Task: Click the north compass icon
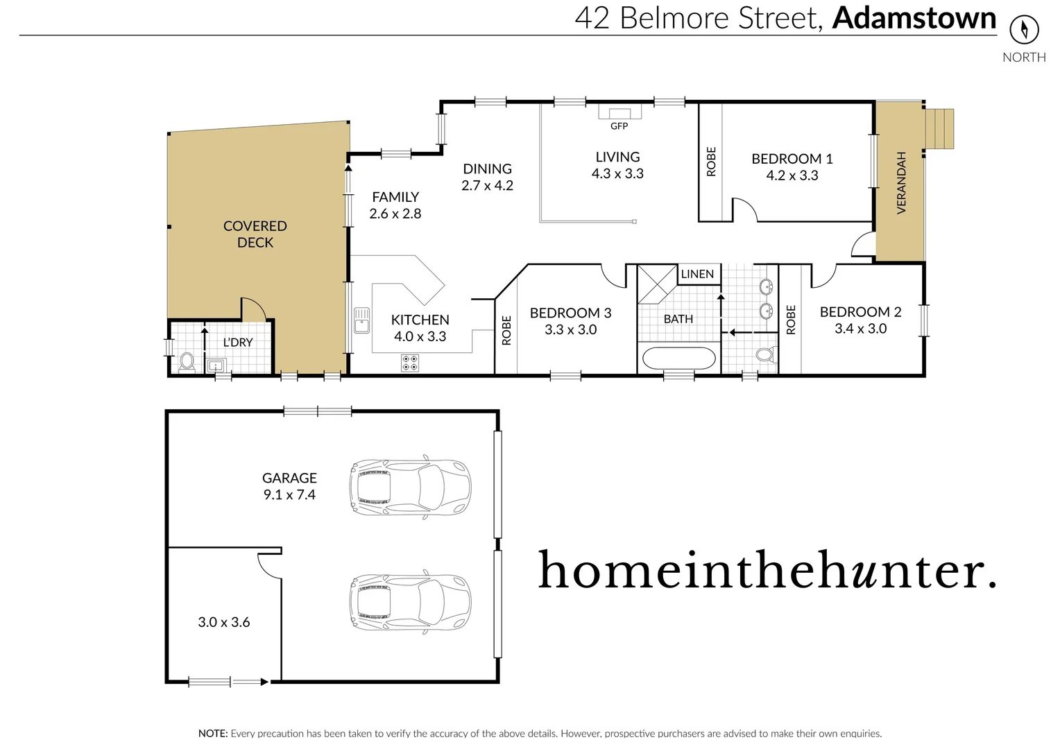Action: coord(1024,29)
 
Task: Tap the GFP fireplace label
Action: coord(619,126)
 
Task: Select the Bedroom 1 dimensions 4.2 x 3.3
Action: coord(792,175)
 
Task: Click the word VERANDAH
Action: coord(901,182)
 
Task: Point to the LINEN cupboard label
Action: coord(696,274)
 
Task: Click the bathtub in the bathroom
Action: coord(678,359)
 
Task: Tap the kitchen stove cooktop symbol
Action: coord(410,363)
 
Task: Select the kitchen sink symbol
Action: coord(361,320)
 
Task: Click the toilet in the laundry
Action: coord(187,361)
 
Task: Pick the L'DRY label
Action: coord(237,342)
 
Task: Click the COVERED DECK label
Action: coord(255,234)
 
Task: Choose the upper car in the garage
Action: coord(410,487)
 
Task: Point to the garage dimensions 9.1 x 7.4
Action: coord(289,494)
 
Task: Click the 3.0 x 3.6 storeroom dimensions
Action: coord(223,622)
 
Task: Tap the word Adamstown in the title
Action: coord(914,18)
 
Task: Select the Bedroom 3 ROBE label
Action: coord(506,330)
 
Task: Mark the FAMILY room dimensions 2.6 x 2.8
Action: coord(395,214)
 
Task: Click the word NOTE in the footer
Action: coord(212,733)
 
